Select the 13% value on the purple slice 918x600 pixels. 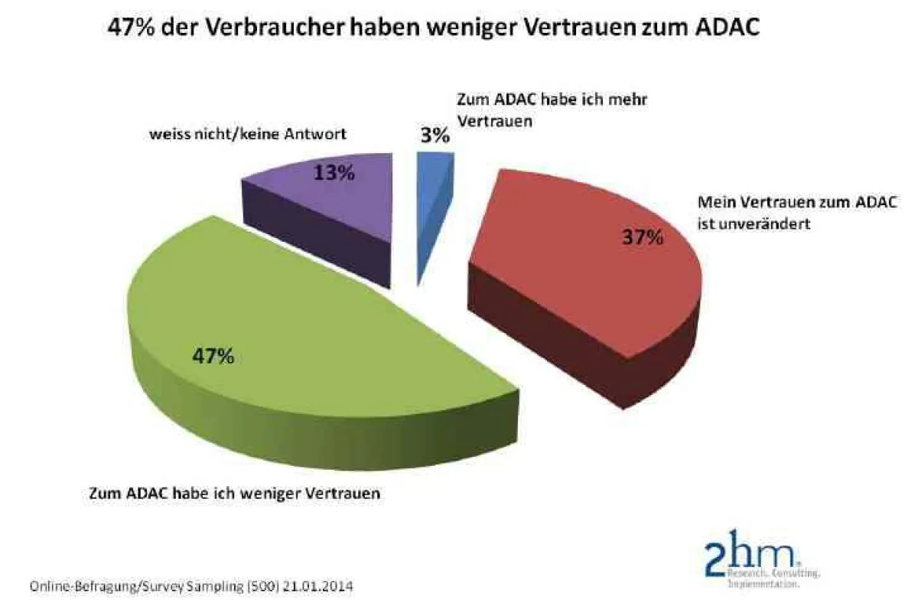pyautogui.click(x=334, y=173)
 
